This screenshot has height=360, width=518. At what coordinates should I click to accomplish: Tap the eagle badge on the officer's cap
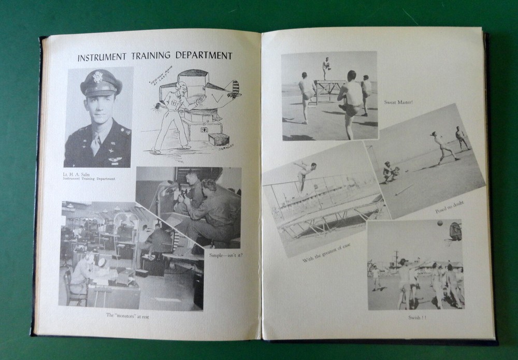(98, 77)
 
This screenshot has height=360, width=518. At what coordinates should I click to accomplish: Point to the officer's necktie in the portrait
(96, 143)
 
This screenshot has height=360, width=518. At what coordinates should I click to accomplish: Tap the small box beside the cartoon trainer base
(219, 139)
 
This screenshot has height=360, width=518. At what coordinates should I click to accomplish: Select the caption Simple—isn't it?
(226, 255)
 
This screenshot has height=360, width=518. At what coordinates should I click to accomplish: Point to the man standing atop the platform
(326, 68)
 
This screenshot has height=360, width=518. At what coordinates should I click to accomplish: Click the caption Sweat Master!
(398, 102)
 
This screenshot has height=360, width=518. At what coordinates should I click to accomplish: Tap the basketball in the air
(439, 224)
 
